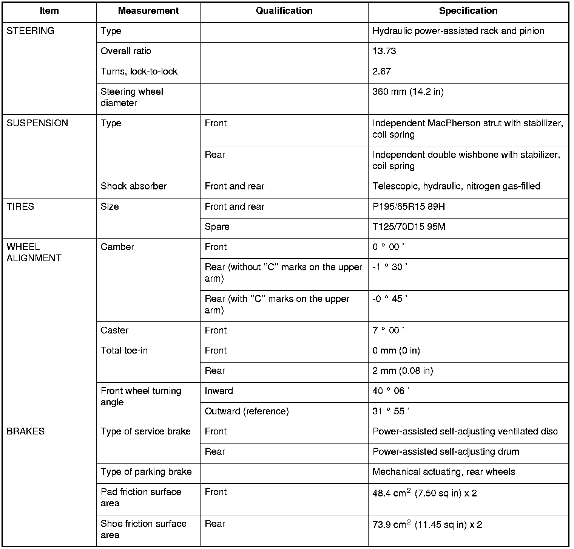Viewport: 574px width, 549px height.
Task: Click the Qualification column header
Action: pos(284,11)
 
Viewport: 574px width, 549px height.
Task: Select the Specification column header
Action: pos(468,11)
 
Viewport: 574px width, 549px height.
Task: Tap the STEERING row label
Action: pos(31,31)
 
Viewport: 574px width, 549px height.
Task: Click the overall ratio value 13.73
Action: pos(384,51)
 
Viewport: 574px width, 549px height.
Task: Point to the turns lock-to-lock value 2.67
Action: pos(381,71)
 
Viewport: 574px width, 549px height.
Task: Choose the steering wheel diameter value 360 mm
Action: pos(408,92)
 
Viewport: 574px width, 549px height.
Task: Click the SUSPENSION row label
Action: pos(37,123)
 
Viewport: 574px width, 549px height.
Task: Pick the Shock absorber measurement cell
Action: pos(134,186)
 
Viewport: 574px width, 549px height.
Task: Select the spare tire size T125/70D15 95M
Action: pos(409,227)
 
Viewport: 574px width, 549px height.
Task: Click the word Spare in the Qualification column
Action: pos(217,227)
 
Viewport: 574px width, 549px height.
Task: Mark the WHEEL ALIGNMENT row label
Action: pos(34,253)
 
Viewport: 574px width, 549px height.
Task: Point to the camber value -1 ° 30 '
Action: pos(390,267)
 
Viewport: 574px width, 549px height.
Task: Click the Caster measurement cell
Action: pos(115,330)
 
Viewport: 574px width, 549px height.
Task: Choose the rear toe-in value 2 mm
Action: pos(403,371)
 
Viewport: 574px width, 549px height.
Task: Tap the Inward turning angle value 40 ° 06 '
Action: pos(390,391)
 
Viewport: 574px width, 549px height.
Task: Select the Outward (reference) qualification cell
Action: pos(247,411)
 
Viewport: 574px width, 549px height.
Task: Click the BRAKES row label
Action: pos(26,431)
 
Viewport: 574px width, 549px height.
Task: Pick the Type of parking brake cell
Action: pos(146,472)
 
